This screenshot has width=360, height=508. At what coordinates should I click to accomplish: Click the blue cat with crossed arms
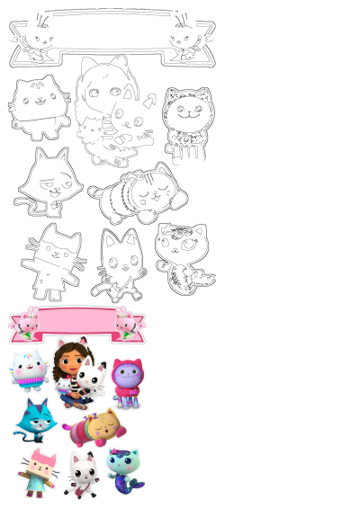click(x=34, y=418)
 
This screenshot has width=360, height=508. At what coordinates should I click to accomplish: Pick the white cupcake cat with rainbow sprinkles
click(x=28, y=370)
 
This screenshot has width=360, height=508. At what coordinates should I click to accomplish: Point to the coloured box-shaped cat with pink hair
click(x=39, y=473)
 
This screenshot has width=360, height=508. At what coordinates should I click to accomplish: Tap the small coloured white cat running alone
click(x=80, y=476)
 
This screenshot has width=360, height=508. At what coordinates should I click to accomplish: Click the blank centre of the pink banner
click(x=76, y=322)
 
